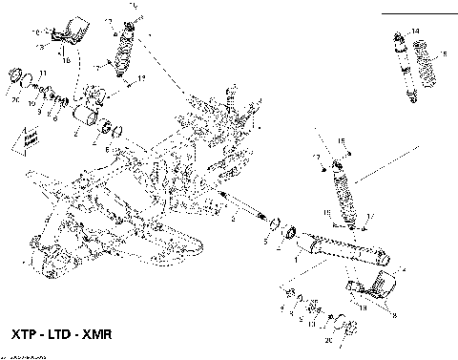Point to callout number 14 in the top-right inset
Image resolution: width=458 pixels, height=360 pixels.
tap(414, 32)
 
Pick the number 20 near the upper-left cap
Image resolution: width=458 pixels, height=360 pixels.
tap(15, 97)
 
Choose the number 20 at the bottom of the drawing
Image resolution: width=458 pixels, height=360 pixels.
tap(328, 340)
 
